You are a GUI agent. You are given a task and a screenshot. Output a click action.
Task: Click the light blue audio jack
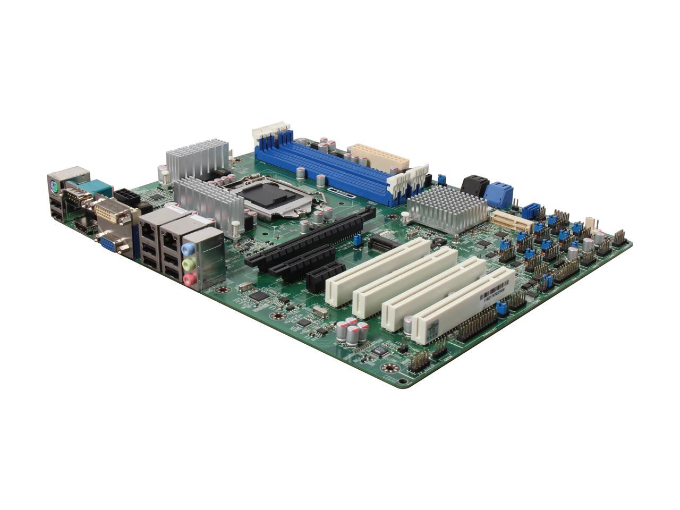pos(186,249)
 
